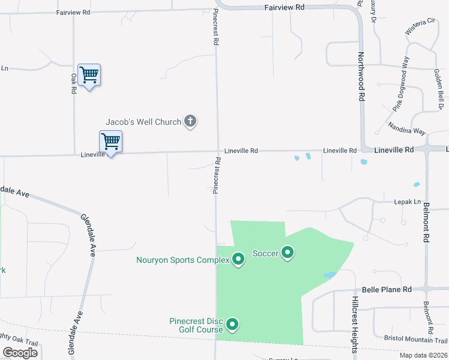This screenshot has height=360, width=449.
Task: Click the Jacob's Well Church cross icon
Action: [190, 122]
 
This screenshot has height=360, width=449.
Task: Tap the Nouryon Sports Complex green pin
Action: [238, 259]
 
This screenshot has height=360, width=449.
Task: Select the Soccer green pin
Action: [288, 253]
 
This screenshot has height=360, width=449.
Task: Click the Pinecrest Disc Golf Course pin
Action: [232, 325]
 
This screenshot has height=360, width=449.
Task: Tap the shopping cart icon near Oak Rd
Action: [89, 75]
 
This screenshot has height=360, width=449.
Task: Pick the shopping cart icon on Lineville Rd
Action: [110, 142]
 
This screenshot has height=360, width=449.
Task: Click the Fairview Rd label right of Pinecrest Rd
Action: [285, 7]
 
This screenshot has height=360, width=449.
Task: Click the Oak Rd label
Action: [74, 83]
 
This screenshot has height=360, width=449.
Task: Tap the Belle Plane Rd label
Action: [387, 289]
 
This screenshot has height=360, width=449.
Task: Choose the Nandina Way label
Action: [406, 130]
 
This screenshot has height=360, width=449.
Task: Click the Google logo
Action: [20, 353]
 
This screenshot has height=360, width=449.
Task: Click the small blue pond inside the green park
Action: [330, 275]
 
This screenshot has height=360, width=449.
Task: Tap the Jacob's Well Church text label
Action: [143, 122]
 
